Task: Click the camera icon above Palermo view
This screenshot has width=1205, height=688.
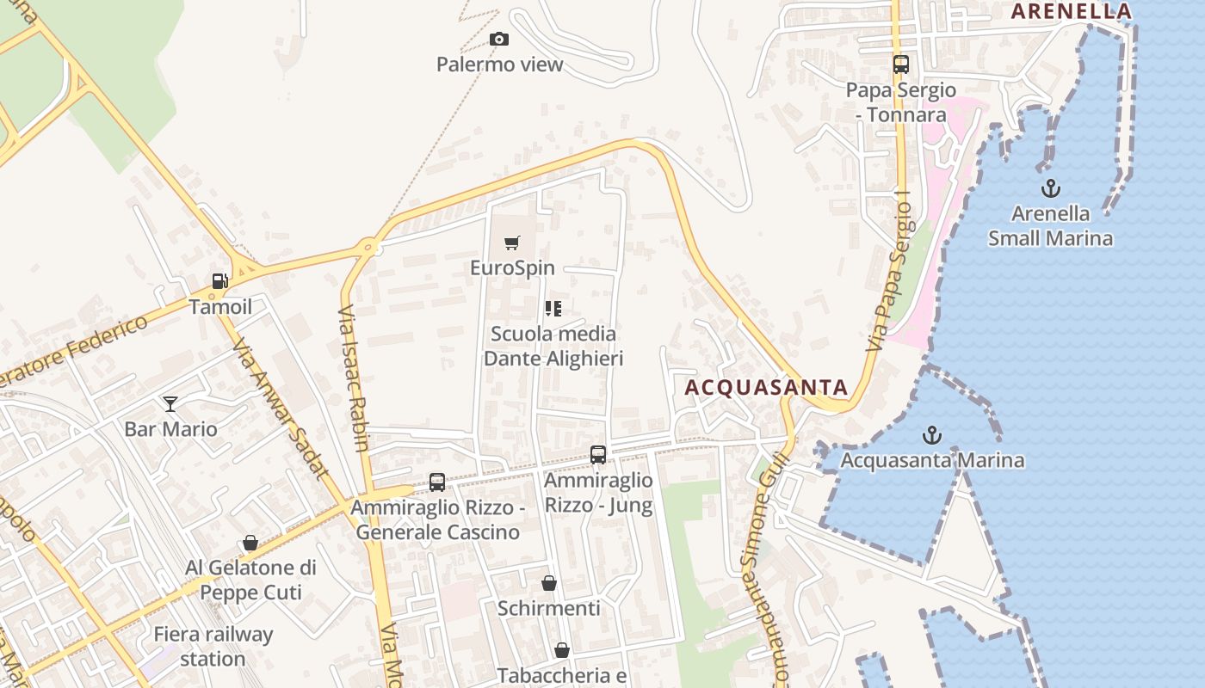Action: click(498, 39)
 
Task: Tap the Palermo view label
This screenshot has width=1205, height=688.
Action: click(499, 64)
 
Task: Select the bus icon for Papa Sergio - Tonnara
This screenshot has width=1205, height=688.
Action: click(900, 64)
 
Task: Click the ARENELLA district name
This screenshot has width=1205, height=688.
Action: click(1071, 11)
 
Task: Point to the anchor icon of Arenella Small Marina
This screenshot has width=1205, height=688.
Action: click(1050, 188)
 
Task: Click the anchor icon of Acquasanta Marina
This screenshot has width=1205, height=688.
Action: click(931, 435)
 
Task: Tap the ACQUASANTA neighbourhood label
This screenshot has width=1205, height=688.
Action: click(766, 388)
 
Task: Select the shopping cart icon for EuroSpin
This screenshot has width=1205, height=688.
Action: click(512, 243)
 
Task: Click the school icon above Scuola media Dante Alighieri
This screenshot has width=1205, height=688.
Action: click(553, 308)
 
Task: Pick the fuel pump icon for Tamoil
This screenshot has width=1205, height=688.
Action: click(220, 281)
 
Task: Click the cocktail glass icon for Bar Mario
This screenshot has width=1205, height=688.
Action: click(170, 403)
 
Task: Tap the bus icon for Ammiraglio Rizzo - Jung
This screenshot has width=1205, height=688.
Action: click(598, 455)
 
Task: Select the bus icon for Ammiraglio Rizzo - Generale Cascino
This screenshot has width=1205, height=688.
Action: click(437, 482)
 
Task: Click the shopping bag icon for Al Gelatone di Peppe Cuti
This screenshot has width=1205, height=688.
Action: click(250, 543)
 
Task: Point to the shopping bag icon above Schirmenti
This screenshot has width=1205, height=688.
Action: click(549, 583)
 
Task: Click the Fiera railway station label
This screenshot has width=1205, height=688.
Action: click(213, 647)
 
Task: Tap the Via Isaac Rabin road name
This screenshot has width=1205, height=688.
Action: click(355, 378)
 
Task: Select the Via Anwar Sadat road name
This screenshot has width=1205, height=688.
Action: click(280, 408)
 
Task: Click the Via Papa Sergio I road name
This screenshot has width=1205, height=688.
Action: click(889, 271)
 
